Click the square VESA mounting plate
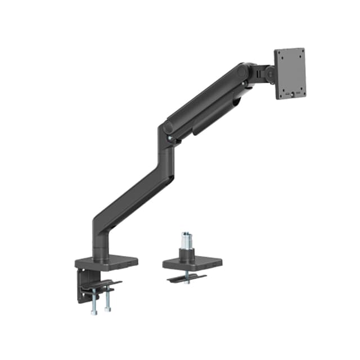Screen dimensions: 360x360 (290, 74)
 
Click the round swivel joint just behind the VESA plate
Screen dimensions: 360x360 (269, 73)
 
